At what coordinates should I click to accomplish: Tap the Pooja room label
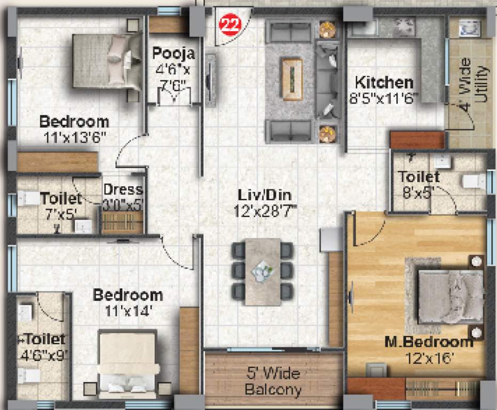(x=173, y=53)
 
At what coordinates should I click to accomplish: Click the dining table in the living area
(x=263, y=271)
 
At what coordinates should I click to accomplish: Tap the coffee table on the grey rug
(x=292, y=79)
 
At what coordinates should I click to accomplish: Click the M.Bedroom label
(x=429, y=342)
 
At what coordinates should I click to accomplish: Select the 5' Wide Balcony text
(x=273, y=381)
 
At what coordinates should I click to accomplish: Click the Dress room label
(x=123, y=190)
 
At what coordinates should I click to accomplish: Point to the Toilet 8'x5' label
(x=419, y=177)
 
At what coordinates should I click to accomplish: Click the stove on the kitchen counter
(x=404, y=25)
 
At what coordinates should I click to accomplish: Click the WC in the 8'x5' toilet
(x=473, y=182)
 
